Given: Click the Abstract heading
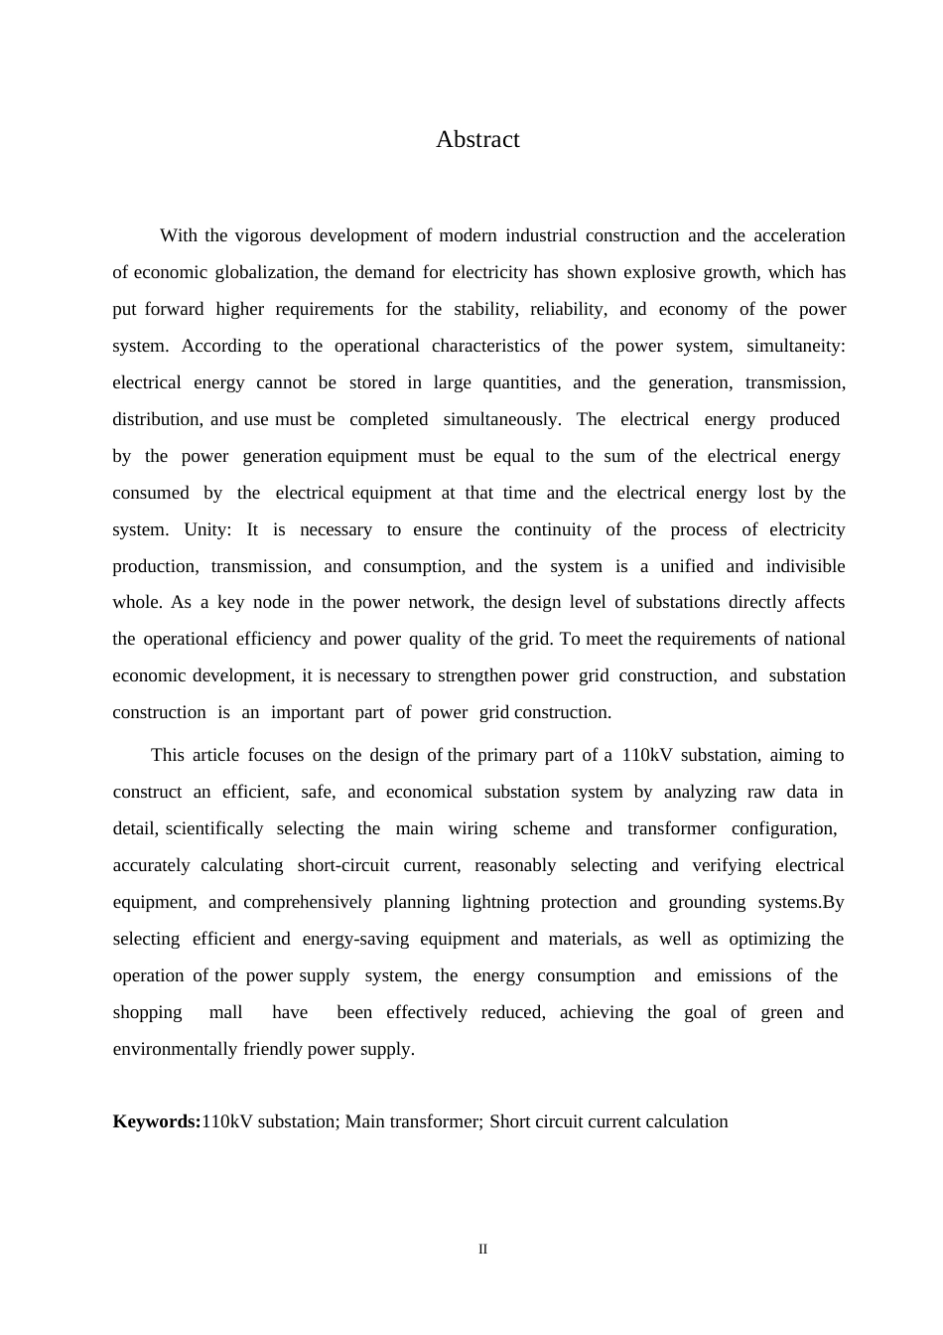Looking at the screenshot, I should pyautogui.click(x=477, y=140).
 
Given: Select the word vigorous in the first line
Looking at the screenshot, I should pyautogui.click(x=267, y=236).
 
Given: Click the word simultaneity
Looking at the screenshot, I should pyautogui.click(x=795, y=347).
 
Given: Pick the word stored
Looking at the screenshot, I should pyautogui.click(x=372, y=383).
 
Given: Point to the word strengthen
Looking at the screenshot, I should pyautogui.click(x=476, y=676).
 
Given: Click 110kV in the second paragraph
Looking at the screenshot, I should pyautogui.click(x=647, y=756).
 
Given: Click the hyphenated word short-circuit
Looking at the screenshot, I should pyautogui.click(x=343, y=866).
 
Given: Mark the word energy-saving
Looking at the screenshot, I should pyautogui.click(x=354, y=940).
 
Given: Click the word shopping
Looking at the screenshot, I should pyautogui.click(x=147, y=1013).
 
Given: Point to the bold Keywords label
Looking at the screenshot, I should pyautogui.click(x=157, y=1122).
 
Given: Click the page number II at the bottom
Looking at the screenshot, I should pyautogui.click(x=483, y=1250).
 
